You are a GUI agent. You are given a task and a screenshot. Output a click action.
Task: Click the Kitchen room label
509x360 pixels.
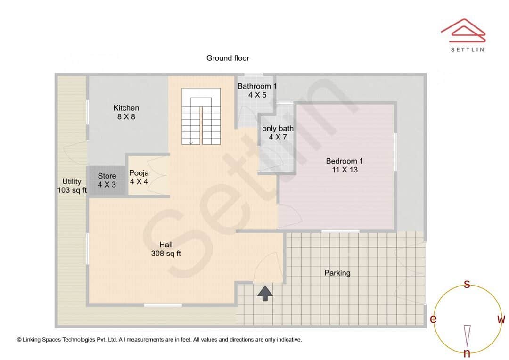pyautogui.click(x=126, y=112)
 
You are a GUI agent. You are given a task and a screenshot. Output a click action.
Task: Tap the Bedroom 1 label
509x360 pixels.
pyautogui.click(x=345, y=165)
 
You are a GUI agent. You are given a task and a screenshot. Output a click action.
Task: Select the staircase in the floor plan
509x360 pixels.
pyautogui.click(x=201, y=116)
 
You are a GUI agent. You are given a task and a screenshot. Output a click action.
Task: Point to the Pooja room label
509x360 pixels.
pyautogui.click(x=139, y=177)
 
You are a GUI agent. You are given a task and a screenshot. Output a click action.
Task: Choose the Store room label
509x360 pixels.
pyautogui.click(x=107, y=180)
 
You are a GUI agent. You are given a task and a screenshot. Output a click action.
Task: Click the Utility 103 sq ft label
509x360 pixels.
pyautogui.click(x=72, y=186)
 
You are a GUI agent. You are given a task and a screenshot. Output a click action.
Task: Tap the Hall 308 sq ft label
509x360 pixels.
pyautogui.click(x=166, y=249)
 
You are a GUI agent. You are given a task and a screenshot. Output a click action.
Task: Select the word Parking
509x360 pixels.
pyautogui.click(x=337, y=273)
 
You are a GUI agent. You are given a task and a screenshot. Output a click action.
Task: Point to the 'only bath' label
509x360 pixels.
pyautogui.click(x=278, y=132)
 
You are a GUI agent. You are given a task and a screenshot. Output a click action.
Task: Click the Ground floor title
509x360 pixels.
pyautogui.click(x=228, y=58)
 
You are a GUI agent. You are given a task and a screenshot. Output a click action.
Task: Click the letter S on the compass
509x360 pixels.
pyautogui.click(x=467, y=284)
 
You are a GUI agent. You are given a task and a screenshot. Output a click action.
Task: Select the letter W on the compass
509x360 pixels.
pyautogui.click(x=501, y=319)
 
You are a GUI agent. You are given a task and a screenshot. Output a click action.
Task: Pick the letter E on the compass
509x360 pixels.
pyautogui.click(x=433, y=319)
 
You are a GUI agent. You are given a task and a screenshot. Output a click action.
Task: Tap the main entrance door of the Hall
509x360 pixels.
pyautogui.click(x=267, y=269)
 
